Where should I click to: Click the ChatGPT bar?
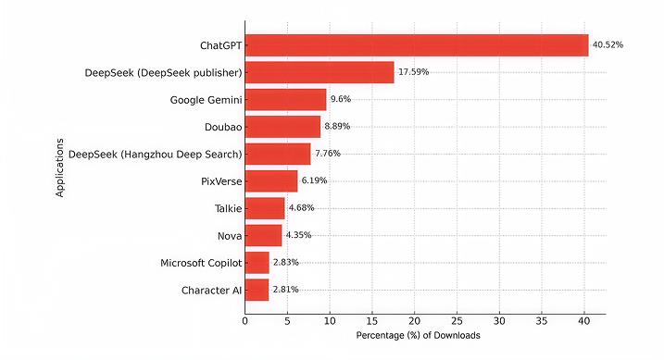click(417, 45)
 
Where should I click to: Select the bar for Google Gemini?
click(285, 100)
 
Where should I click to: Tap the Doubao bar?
click(282, 127)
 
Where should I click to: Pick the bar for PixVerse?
click(271, 181)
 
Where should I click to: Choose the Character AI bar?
click(257, 290)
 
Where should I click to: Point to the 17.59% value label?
click(413, 72)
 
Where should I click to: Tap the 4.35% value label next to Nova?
click(299, 235)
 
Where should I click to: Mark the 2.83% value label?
click(286, 263)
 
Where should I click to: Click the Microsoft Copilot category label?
click(200, 263)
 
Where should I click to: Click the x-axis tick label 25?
click(457, 322)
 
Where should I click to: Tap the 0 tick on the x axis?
click(245, 322)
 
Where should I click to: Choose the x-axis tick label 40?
click(584, 322)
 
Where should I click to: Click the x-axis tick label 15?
click(372, 322)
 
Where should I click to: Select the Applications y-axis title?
click(59, 168)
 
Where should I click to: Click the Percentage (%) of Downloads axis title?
click(418, 336)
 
